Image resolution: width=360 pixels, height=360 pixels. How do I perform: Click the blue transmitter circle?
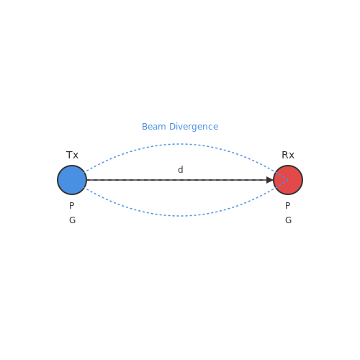coord(72,180)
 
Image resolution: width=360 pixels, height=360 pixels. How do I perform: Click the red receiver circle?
coord(288,180)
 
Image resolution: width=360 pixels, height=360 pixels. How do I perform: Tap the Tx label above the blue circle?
coord(72,155)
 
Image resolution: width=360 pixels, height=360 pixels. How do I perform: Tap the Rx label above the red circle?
coord(288,155)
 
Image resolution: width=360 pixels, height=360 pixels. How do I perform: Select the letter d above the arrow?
coord(181,169)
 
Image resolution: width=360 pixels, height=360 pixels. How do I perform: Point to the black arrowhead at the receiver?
coord(270,180)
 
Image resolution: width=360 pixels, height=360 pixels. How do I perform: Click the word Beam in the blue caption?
coord(154,127)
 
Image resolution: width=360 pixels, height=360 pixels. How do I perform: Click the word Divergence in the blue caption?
coord(194,127)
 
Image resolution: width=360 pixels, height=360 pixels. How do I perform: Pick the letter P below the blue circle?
coord(71,206)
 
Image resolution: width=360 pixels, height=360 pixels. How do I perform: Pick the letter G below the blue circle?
coord(72,220)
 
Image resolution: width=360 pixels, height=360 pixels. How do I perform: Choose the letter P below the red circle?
coord(287,206)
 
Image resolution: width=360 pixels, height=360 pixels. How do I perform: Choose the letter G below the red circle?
coord(288,220)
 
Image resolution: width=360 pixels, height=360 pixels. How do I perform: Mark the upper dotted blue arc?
coord(180,144)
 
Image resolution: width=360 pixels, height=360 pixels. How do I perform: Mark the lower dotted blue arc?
coord(180,216)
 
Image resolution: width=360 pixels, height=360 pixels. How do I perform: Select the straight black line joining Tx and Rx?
coord(177,180)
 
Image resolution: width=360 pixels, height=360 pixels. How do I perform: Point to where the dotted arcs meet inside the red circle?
coord(288,180)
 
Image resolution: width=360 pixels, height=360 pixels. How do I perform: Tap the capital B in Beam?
coord(145,127)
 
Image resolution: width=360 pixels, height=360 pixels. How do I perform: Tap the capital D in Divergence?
coord(172,127)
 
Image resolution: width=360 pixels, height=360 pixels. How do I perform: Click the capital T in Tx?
coord(69,155)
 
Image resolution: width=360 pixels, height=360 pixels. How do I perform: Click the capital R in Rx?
coord(284,155)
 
